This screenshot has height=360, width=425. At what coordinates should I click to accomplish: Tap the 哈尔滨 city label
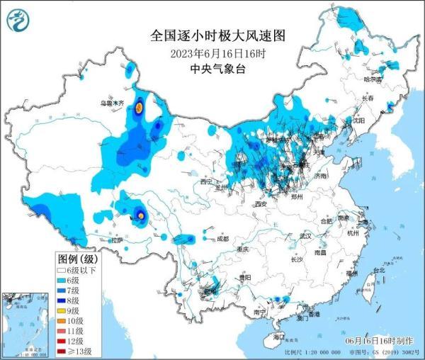pyautogui.click(x=373, y=79)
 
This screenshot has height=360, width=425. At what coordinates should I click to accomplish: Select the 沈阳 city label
pyautogui.click(x=358, y=121)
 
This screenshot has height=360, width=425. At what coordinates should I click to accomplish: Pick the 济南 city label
pyautogui.click(x=321, y=175)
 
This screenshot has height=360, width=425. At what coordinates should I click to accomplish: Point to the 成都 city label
pyautogui.click(x=222, y=239)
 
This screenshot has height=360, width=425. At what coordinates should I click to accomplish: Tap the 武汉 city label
pyautogui.click(x=305, y=235)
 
